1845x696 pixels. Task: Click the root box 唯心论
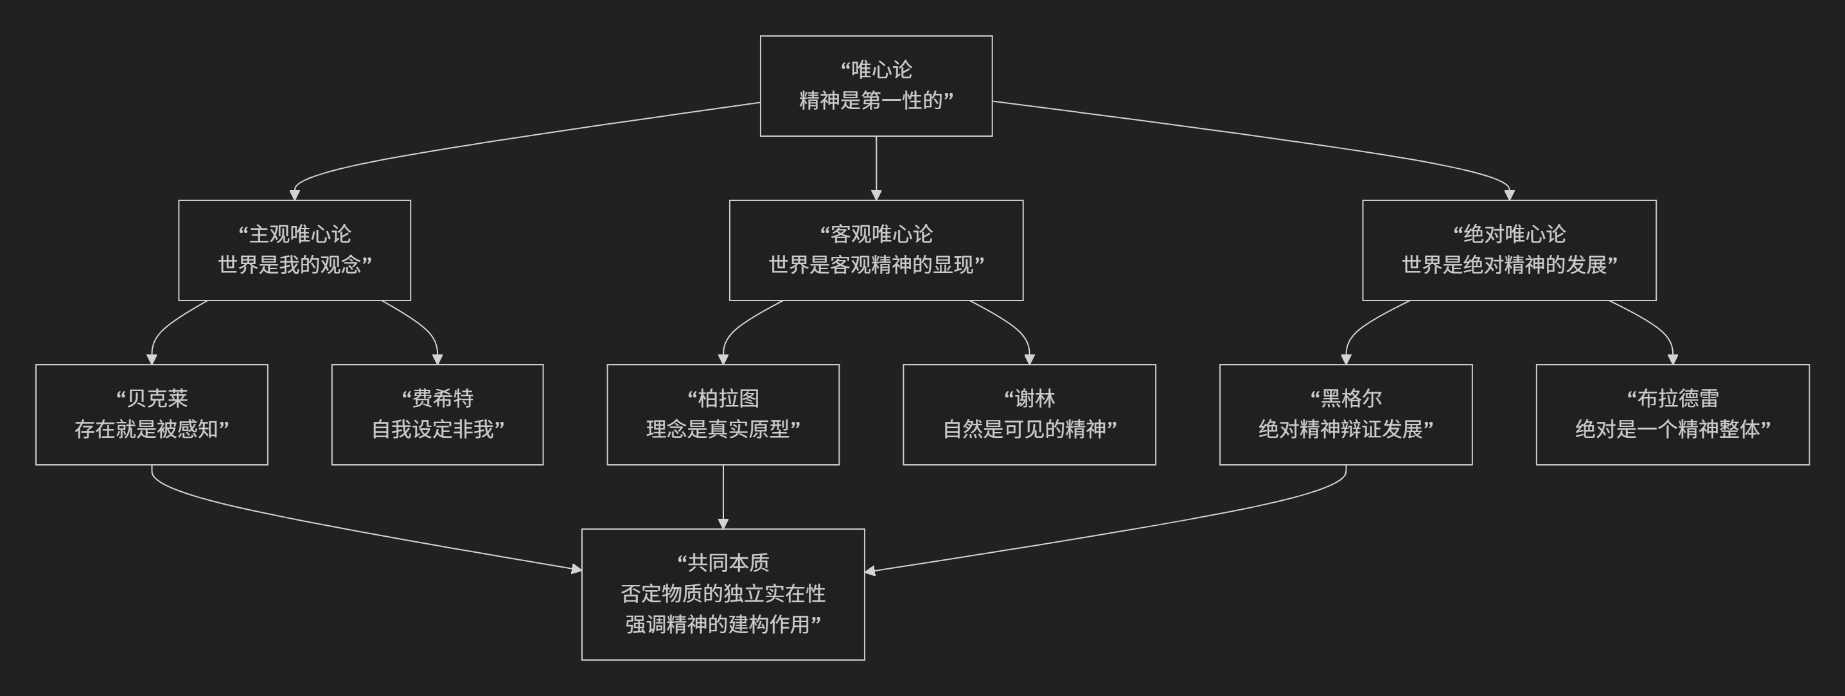pos(876,85)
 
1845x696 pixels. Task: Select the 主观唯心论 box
pos(294,250)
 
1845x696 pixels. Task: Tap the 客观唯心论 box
pos(876,250)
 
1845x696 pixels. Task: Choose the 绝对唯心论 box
pos(1509,250)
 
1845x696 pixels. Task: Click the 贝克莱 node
pos(152,415)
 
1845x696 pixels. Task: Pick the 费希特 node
pos(437,415)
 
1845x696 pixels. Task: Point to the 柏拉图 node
pos(723,415)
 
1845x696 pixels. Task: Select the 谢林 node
pos(1029,415)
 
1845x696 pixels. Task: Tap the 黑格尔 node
pos(1346,415)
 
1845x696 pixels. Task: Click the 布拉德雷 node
pos(1672,415)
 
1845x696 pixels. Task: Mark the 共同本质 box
pos(723,595)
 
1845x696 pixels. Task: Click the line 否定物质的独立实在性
pos(723,594)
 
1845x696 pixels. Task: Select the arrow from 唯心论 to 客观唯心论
pos(876,168)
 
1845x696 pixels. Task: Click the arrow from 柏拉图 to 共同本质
pos(723,497)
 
